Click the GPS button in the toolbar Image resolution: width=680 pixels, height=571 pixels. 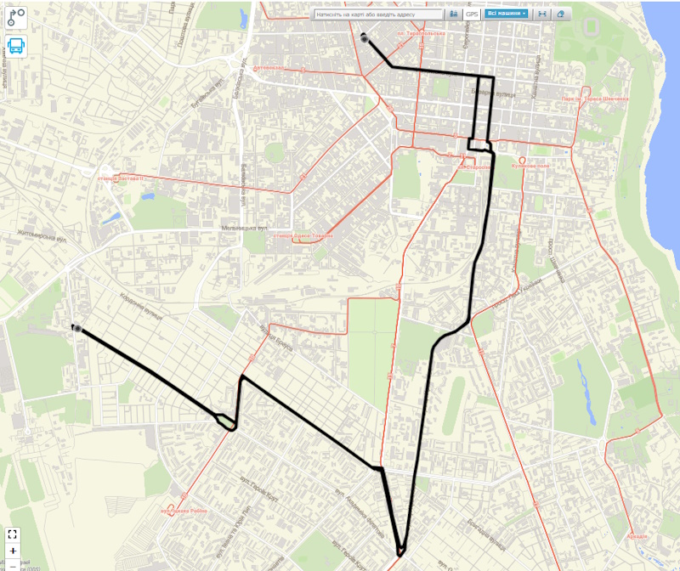[x=472, y=14]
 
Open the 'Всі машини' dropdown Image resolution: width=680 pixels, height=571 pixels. [x=507, y=14]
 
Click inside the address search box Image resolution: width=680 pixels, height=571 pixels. [x=378, y=14]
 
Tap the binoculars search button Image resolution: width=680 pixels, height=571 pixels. [x=454, y=14]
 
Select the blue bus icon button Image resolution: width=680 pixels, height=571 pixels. [x=16, y=46]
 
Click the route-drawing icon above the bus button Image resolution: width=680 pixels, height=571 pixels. [x=16, y=16]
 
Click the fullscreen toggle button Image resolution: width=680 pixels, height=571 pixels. [x=13, y=534]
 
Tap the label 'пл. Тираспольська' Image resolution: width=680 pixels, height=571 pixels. [x=422, y=35]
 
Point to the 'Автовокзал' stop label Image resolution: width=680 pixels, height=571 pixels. [x=271, y=68]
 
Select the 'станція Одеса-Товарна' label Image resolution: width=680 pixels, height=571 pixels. [x=302, y=235]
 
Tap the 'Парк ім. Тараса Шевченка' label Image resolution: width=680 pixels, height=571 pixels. [x=594, y=99]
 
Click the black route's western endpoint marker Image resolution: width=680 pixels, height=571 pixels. [x=76, y=328]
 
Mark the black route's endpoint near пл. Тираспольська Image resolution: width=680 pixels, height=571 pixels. [x=365, y=38]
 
